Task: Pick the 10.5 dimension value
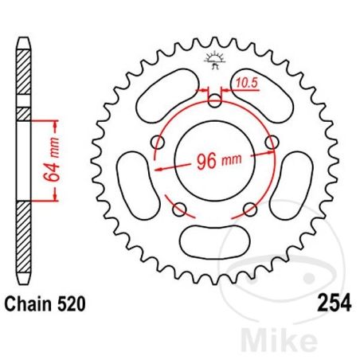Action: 245,81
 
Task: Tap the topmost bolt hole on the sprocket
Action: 215,100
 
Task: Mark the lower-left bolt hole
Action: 179,209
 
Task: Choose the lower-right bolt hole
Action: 251,209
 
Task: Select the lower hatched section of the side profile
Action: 24,239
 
